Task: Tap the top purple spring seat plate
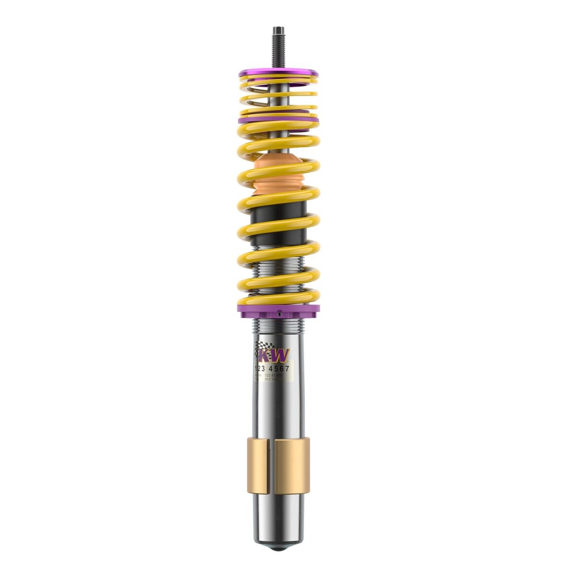click(x=278, y=73)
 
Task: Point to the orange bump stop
click(x=278, y=176)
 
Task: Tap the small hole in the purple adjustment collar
click(x=279, y=314)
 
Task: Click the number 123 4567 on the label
click(x=272, y=368)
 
